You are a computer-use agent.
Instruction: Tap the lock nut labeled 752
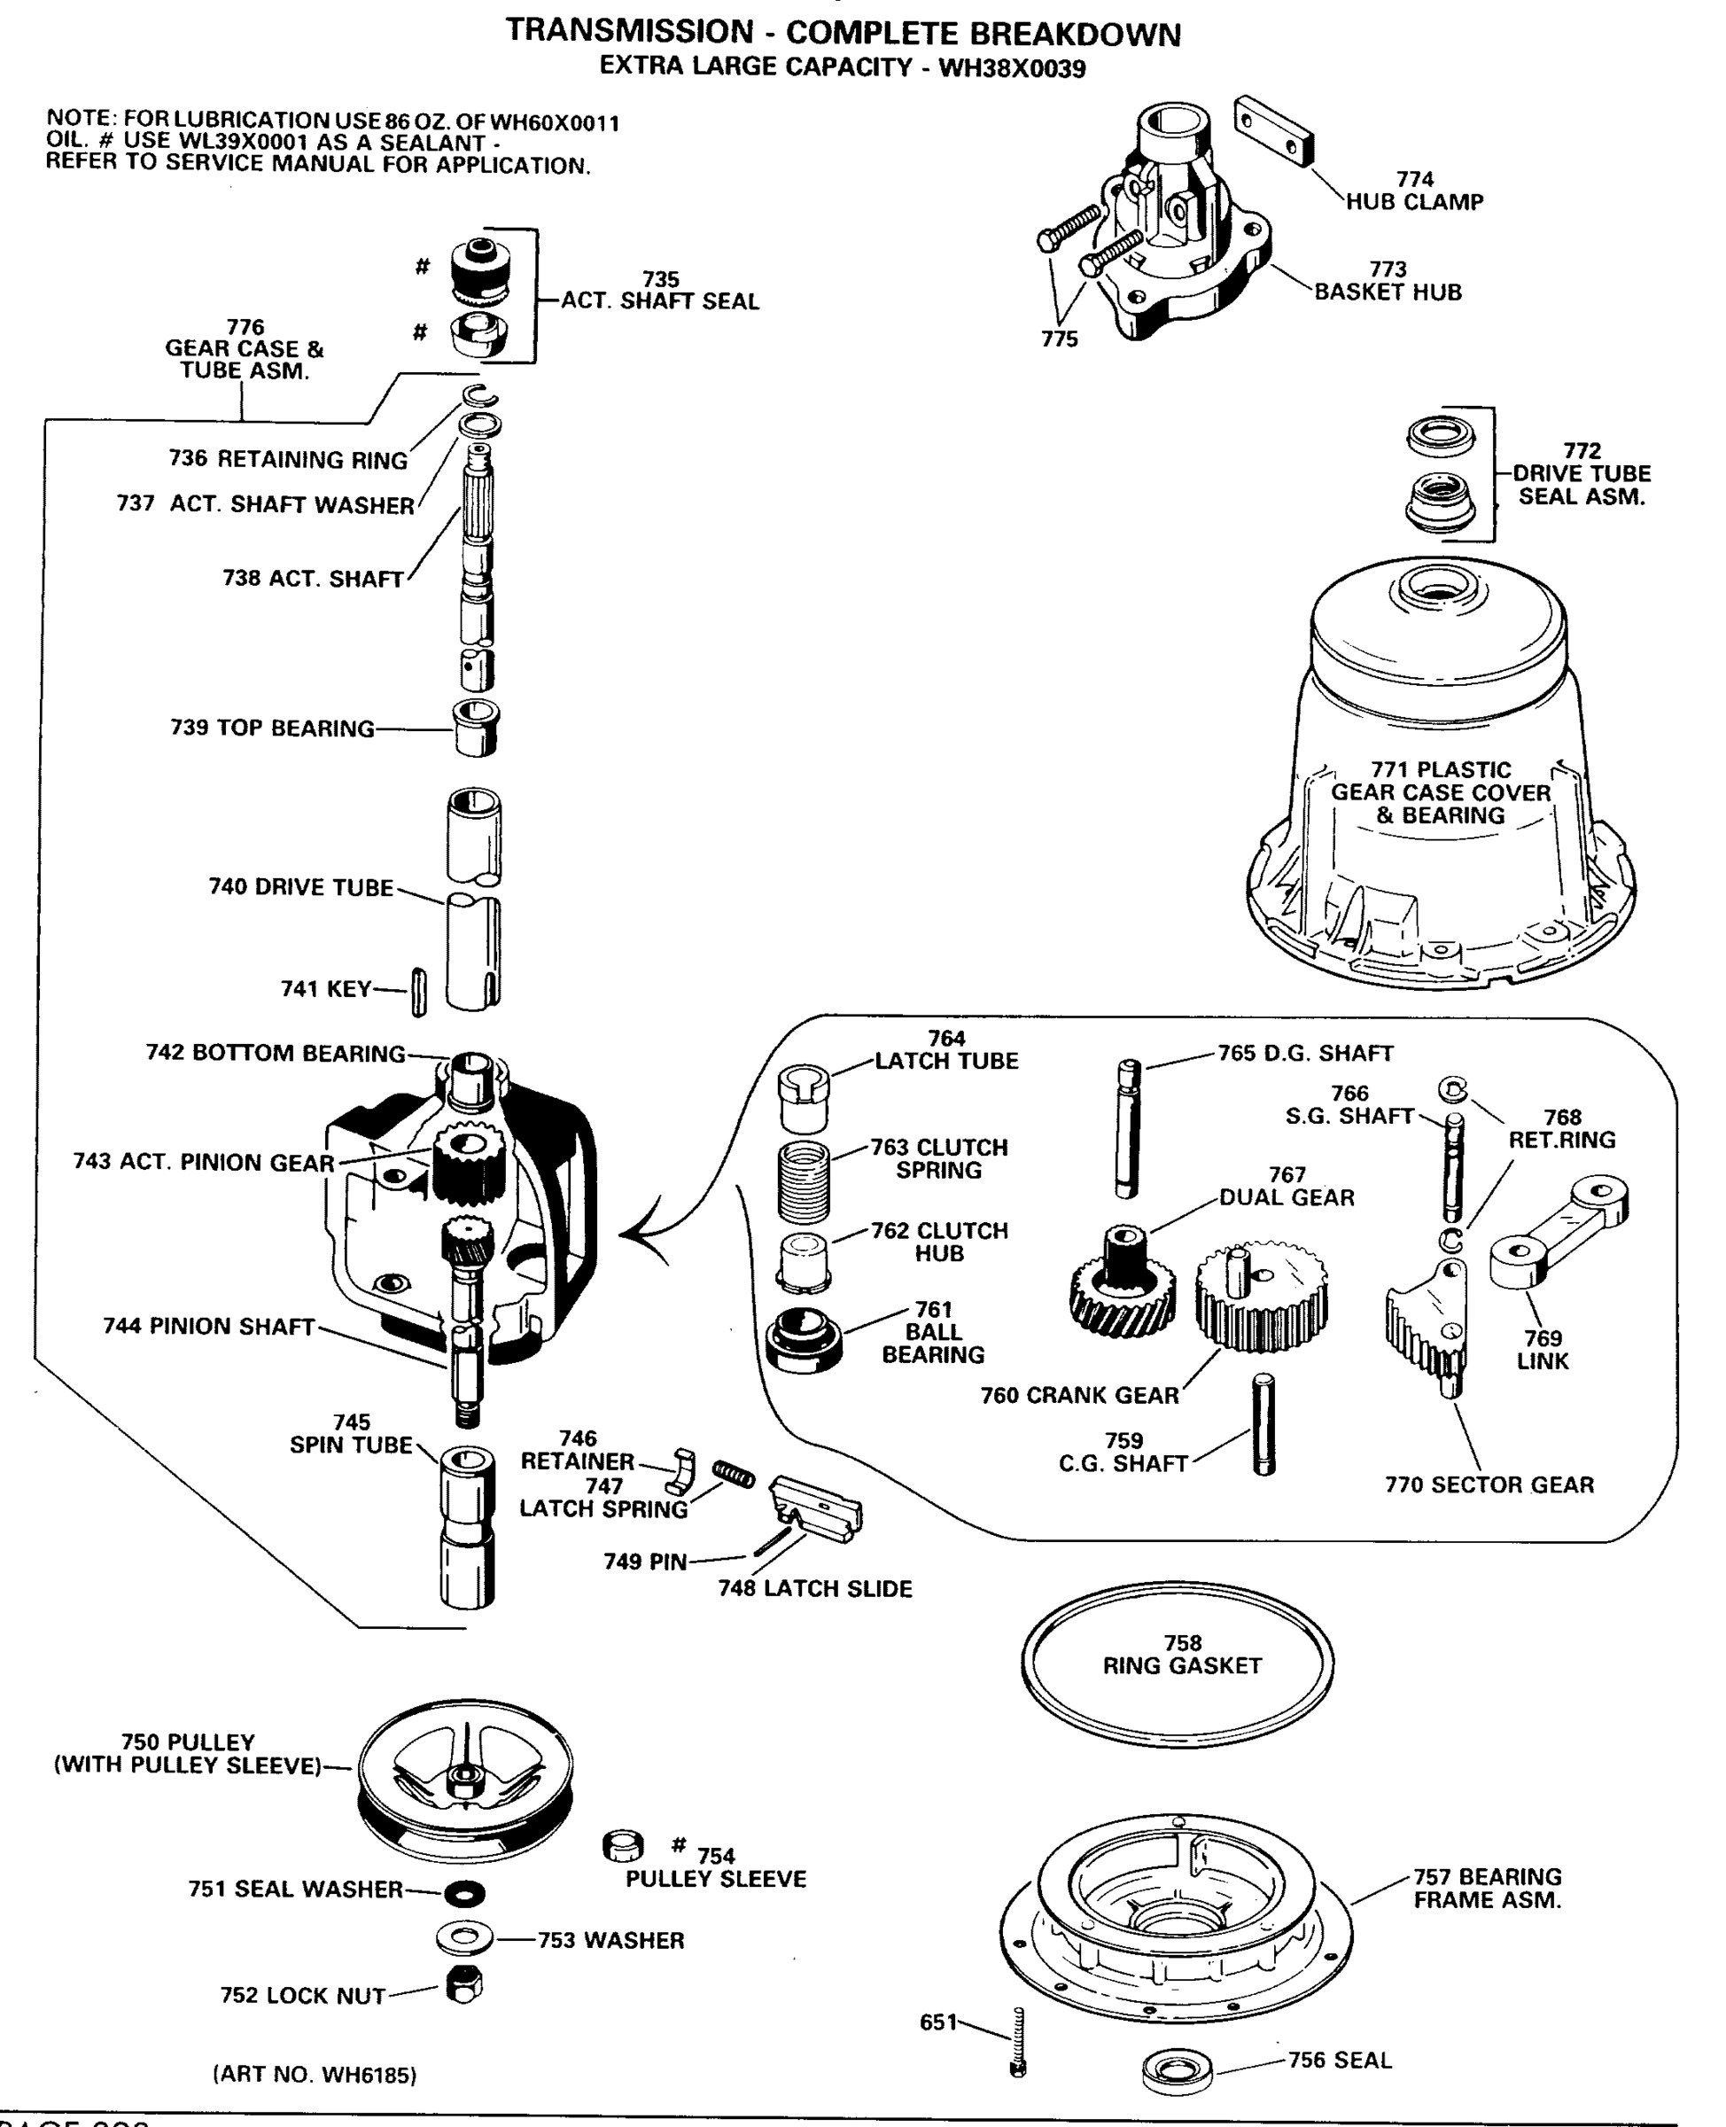point(463,1987)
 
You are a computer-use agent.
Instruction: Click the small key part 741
point(418,993)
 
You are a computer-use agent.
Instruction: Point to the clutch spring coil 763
point(803,1182)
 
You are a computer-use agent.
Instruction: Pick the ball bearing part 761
point(804,1340)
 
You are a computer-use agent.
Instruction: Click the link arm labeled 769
point(1557,1233)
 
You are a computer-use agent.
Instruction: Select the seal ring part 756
point(1178,2070)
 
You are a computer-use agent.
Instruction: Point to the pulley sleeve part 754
point(622,1847)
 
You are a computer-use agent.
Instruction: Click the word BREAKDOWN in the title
point(1075,34)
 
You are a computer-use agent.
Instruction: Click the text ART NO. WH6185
point(315,2075)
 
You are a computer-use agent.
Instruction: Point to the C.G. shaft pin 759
point(1263,1425)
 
